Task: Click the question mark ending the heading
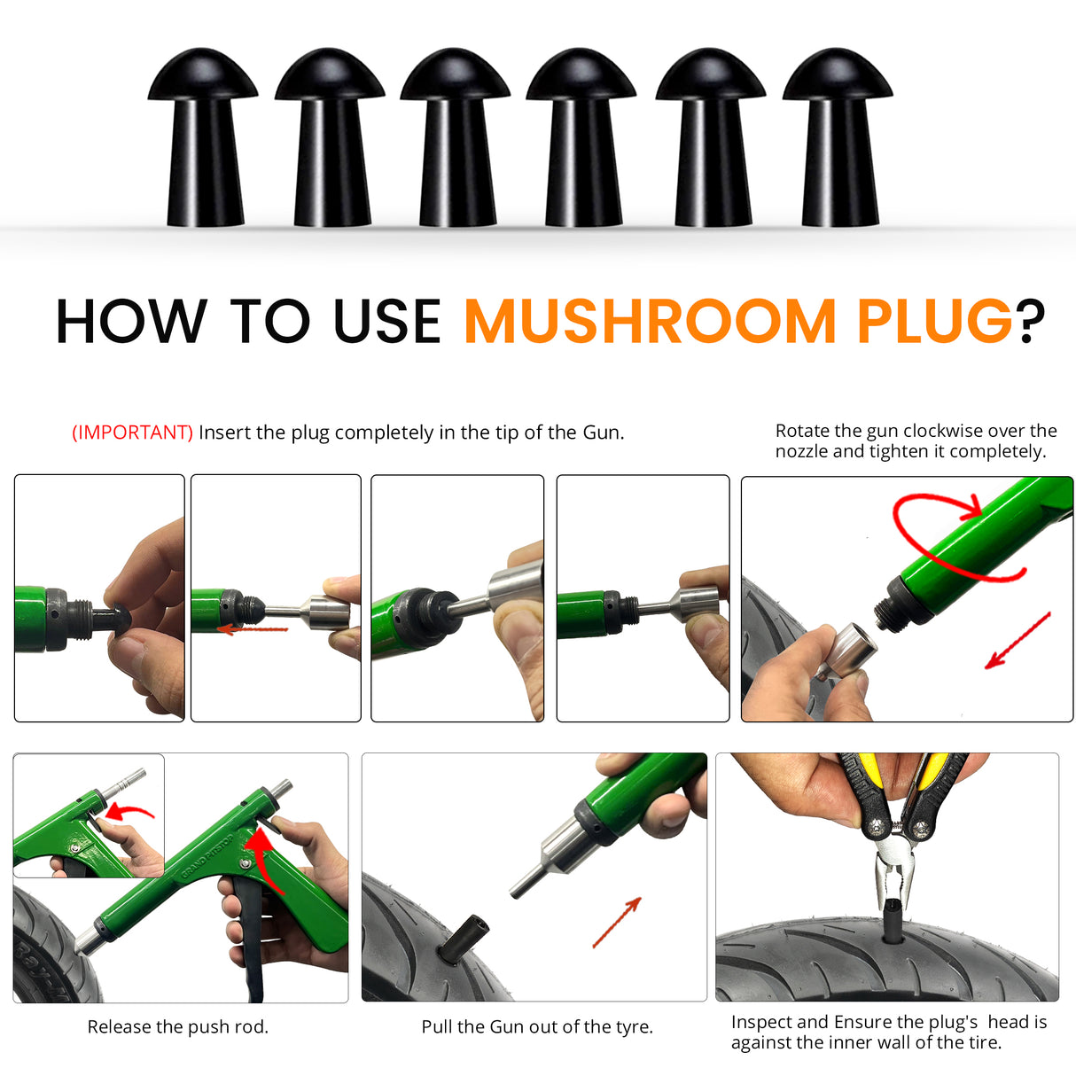(1032, 321)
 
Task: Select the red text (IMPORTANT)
(132, 433)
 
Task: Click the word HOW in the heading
(131, 321)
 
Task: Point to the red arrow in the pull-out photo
(617, 922)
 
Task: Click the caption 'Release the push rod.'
(177, 1027)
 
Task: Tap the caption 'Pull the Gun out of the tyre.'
(537, 1027)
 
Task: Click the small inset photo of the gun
(89, 815)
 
